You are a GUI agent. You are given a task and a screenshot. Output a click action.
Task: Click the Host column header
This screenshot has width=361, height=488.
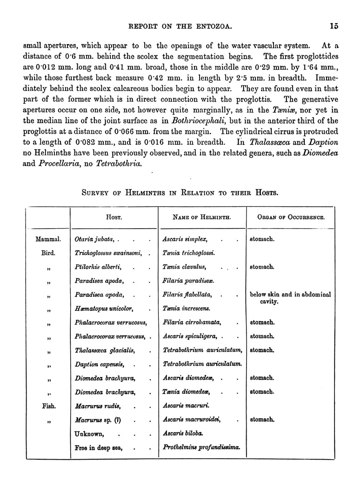click(x=114, y=217)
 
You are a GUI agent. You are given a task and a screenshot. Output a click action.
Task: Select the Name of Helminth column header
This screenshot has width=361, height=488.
click(x=202, y=217)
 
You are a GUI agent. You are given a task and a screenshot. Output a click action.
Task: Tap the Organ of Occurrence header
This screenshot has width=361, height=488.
click(x=291, y=217)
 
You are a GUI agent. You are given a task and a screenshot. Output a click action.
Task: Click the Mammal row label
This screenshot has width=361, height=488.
click(x=48, y=239)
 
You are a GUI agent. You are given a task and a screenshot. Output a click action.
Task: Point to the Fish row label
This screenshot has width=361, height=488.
click(x=48, y=406)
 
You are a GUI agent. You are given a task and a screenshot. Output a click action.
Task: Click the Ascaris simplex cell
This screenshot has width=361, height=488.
click(x=185, y=239)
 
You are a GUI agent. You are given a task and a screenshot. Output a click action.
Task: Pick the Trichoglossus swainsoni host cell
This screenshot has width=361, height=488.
click(x=110, y=253)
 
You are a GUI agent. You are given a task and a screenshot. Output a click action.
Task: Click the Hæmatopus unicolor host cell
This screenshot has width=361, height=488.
click(x=104, y=308)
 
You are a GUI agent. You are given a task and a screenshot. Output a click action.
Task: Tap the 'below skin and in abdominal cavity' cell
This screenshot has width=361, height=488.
click(x=290, y=298)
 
